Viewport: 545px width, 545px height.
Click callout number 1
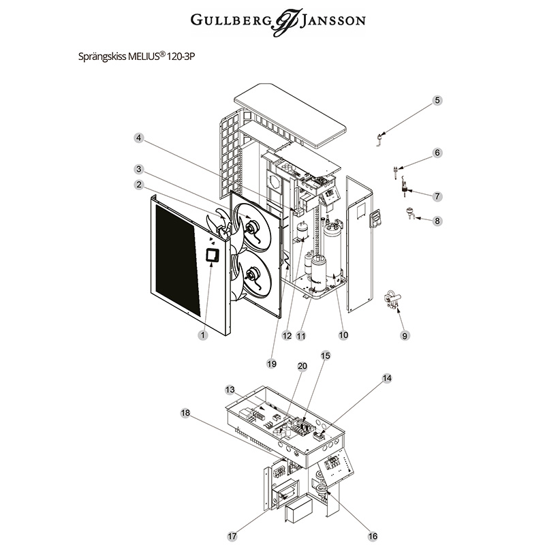coord(202,334)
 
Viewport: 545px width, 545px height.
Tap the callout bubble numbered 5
coord(437,100)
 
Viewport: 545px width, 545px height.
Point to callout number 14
coord(387,377)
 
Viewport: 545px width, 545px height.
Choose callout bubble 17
coord(232,536)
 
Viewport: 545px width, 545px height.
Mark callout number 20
coord(303,366)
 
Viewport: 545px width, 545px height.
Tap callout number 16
coord(373,535)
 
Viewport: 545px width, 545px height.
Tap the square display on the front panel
coord(212,255)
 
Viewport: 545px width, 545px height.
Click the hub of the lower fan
coord(252,276)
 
